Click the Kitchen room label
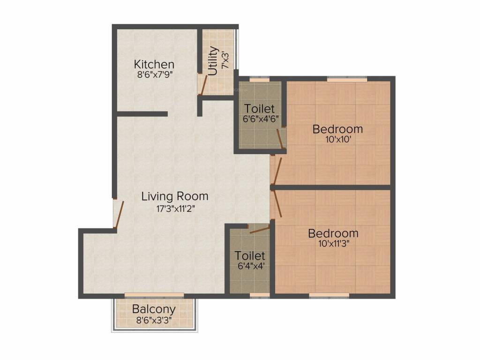[x=154, y=64]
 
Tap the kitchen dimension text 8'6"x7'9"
[x=154, y=75]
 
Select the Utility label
[x=213, y=60]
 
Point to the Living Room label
[x=175, y=196]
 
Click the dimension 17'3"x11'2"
[x=175, y=209]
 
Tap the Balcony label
[x=154, y=309]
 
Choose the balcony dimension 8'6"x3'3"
[x=154, y=321]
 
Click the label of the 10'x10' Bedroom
[x=337, y=128]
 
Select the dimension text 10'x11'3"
[x=333, y=244]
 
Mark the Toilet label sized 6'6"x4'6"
[x=259, y=109]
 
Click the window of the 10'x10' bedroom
[x=347, y=79]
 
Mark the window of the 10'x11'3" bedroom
[x=329, y=295]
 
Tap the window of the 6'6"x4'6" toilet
[x=259, y=80]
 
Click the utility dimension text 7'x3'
[x=225, y=60]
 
